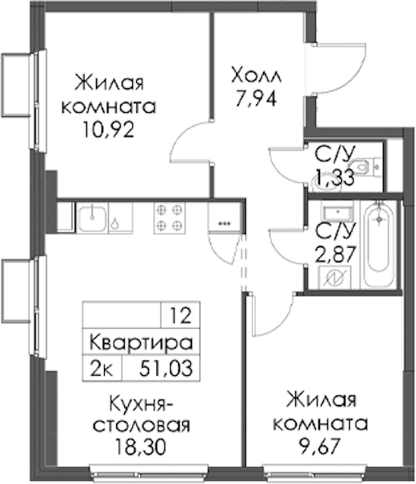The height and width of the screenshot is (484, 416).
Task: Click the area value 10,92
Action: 108,130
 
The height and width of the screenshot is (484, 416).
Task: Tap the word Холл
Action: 256,76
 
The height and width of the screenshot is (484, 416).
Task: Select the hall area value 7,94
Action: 256,98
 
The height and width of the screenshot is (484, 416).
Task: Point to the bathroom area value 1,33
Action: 335,177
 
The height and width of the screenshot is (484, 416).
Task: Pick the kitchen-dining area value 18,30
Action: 141,447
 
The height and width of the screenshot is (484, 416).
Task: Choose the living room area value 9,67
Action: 320,446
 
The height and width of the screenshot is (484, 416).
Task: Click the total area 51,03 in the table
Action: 166,369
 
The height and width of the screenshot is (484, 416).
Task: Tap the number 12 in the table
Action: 181,315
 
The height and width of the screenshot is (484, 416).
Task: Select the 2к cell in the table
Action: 102,369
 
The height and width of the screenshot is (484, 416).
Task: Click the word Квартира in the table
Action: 141,342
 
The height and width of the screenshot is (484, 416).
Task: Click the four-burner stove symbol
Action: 169,218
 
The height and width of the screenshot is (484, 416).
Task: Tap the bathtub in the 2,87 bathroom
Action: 379,244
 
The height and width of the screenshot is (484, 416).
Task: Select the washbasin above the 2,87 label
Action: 338,212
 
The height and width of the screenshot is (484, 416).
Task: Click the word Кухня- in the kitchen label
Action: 141,403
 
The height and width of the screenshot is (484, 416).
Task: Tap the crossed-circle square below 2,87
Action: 335,277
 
